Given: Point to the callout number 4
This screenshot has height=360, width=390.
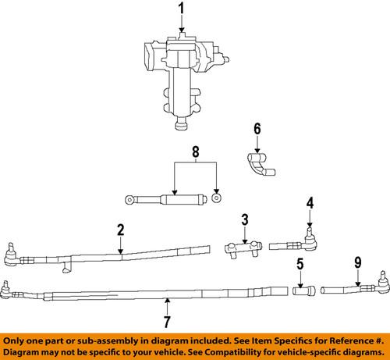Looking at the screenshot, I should coord(310,205).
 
